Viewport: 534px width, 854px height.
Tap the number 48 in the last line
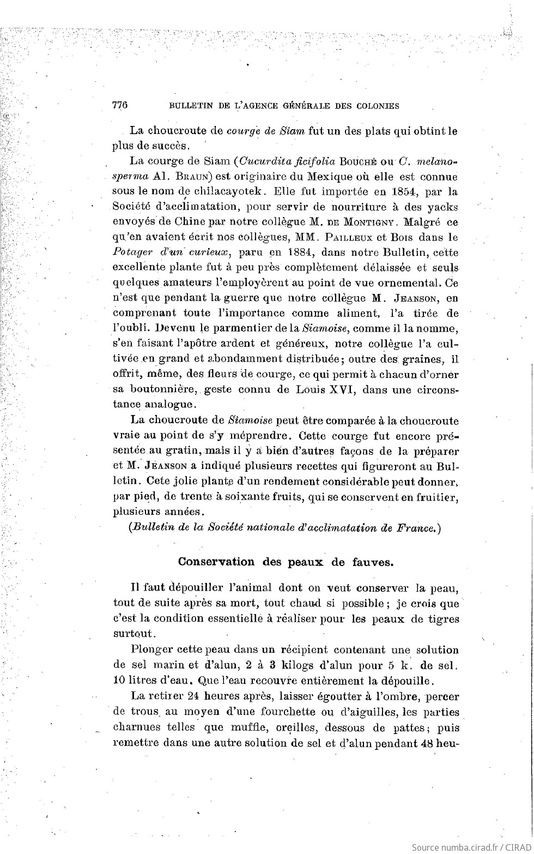420,743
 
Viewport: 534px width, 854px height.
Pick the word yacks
440,207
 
